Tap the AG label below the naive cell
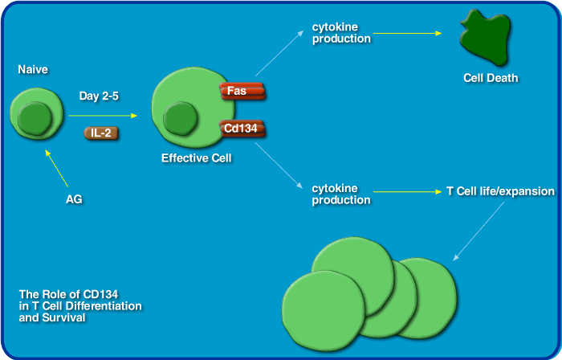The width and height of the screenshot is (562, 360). coord(74,198)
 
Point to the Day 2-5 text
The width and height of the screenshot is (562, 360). coord(100,96)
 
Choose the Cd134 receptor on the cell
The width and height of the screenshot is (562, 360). coord(241,127)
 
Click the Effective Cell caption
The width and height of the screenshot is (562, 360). coord(196,158)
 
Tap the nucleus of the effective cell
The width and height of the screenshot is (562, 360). coord(181,119)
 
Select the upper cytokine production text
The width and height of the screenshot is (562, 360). coord(341,33)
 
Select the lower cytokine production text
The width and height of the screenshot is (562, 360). coord(341,194)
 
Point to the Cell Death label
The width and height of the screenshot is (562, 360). coord(491,78)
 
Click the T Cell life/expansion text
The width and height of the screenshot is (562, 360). coord(500,192)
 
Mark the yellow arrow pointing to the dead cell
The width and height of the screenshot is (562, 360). coord(408,33)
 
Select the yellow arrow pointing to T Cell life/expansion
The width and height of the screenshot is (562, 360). coord(407,192)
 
